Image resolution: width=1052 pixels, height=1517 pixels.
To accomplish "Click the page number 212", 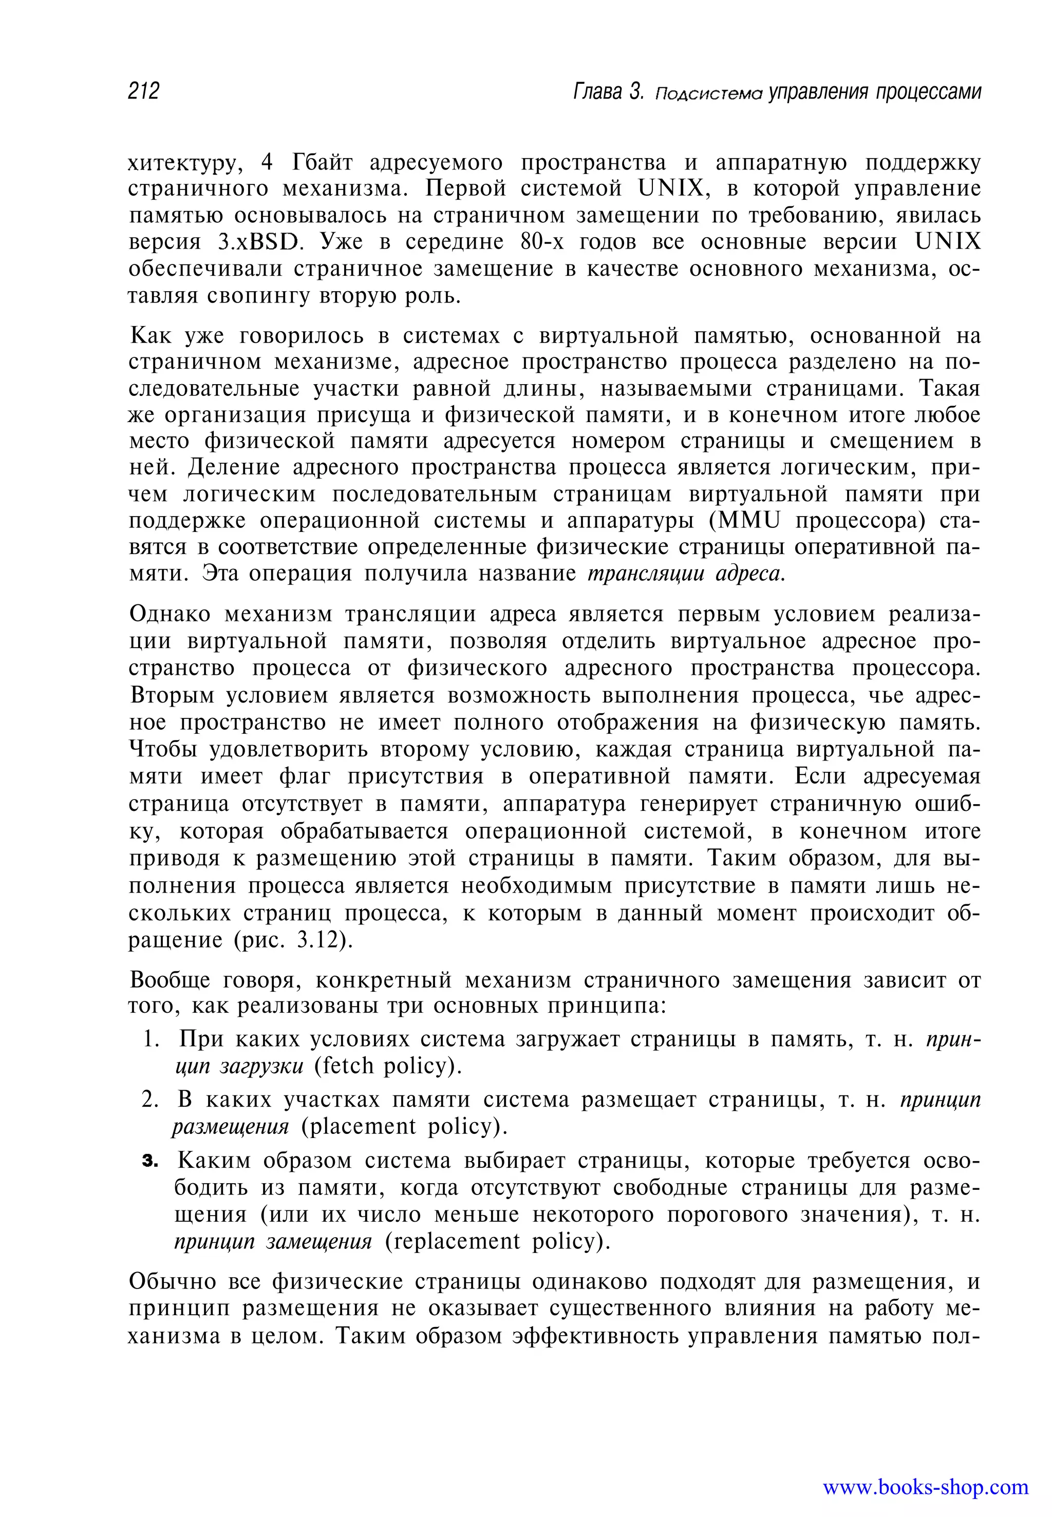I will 144,90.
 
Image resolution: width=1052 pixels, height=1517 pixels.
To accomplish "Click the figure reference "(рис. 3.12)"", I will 294,939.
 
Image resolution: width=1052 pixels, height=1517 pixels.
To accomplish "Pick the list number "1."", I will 152,1039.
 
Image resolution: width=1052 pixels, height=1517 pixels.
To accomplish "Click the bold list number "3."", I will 151,1161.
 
